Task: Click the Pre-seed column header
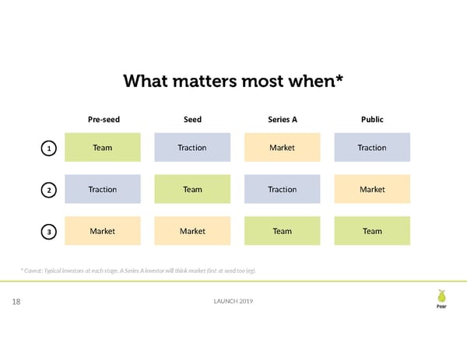click(103, 120)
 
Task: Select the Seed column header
click(192, 120)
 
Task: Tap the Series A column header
click(282, 120)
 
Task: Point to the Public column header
click(372, 120)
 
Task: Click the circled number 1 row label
click(49, 148)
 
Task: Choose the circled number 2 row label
click(49, 190)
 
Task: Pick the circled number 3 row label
click(49, 231)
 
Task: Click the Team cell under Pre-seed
click(103, 148)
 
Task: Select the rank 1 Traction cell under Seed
click(192, 148)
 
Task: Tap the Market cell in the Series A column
click(282, 148)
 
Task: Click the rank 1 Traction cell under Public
click(372, 148)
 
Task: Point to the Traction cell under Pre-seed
click(103, 189)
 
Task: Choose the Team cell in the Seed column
click(192, 189)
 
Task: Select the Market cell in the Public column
click(372, 189)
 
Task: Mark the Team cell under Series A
click(282, 231)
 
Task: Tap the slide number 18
click(16, 302)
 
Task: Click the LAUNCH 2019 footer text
click(233, 302)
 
